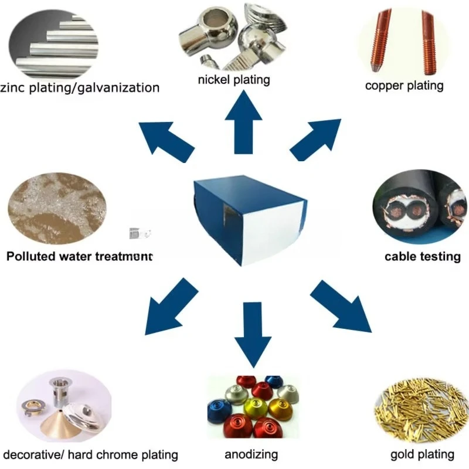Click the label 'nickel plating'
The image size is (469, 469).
[x=234, y=79]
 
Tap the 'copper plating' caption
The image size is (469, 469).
[x=404, y=86]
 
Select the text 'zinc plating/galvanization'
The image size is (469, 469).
[x=80, y=88]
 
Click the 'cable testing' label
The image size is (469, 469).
[x=422, y=256]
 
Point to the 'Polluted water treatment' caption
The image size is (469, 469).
[x=79, y=256]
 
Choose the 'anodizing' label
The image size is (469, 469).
[x=251, y=454]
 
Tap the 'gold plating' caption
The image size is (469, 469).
[x=422, y=454]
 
